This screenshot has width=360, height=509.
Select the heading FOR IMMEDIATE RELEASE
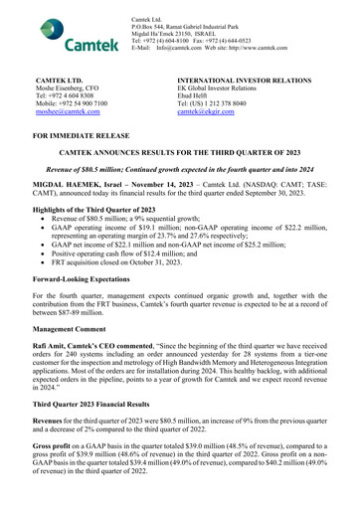tap(95, 132)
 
